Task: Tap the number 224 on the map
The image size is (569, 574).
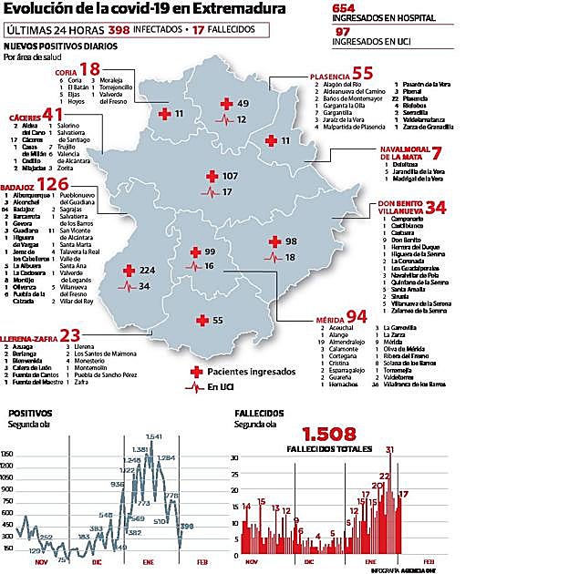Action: pos(148,271)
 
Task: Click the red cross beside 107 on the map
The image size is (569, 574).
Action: pos(211,176)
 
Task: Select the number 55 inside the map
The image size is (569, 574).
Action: pos(217,321)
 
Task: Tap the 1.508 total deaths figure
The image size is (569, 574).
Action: pos(328,435)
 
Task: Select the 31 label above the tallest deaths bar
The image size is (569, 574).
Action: pos(389,449)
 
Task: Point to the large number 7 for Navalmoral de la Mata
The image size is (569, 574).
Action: pos(436,153)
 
